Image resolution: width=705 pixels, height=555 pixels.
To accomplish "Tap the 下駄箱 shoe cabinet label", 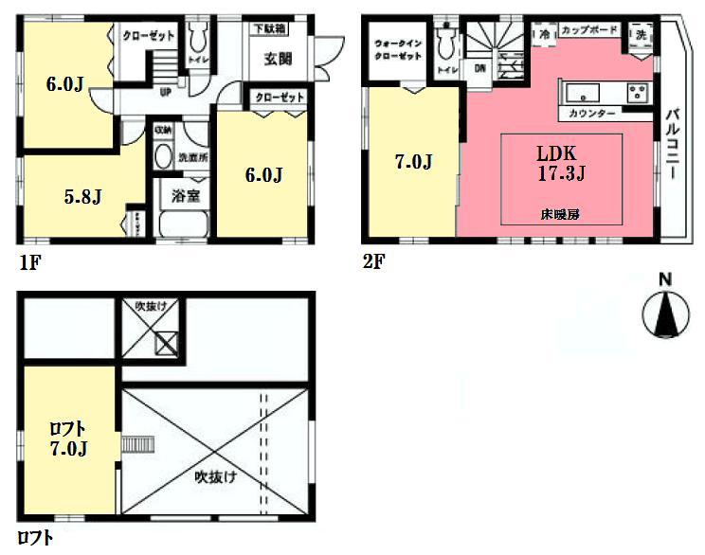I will pyautogui.click(x=271, y=28).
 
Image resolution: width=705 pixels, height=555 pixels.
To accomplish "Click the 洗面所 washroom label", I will pyautogui.click(x=193, y=156).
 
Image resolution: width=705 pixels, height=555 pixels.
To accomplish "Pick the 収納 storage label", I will pyautogui.click(x=163, y=130).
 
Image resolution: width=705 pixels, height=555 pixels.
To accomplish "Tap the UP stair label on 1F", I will pyautogui.click(x=165, y=93).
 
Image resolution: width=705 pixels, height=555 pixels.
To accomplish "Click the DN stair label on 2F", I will pyautogui.click(x=480, y=67).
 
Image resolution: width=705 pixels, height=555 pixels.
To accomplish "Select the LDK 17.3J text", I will pyautogui.click(x=557, y=162).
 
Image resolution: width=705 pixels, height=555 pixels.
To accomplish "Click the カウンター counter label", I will pyautogui.click(x=592, y=114).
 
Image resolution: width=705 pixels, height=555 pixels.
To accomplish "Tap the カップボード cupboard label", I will pyautogui.click(x=587, y=31).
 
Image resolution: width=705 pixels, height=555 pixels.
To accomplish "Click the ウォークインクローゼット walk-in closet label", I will pyautogui.click(x=397, y=50).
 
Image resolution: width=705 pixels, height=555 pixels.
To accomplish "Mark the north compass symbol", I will pyautogui.click(x=665, y=310).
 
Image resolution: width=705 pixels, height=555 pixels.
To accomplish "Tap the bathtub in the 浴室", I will pyautogui.click(x=183, y=224).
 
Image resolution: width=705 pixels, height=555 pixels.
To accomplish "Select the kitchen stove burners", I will pyautogui.click(x=638, y=92).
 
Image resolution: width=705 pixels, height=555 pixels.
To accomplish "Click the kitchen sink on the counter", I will pyautogui.click(x=580, y=93).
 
